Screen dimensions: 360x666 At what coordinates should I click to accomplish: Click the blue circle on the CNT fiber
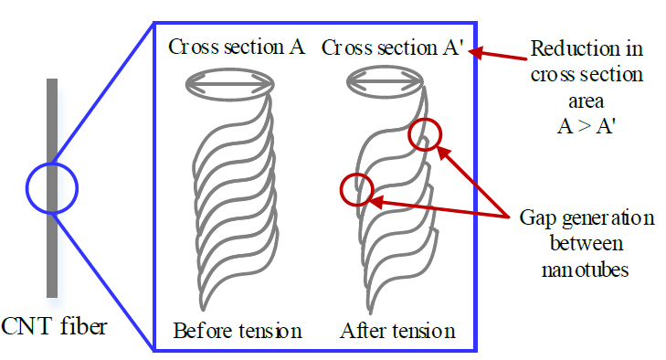point(52,189)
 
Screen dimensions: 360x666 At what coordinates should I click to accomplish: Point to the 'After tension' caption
point(397,329)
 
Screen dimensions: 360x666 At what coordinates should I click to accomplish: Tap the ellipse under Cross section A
point(229,84)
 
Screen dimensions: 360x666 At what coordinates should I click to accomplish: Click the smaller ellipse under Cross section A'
point(386,84)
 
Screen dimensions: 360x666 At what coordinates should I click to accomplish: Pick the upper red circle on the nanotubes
point(425,135)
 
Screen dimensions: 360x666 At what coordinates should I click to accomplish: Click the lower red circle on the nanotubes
point(354,189)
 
